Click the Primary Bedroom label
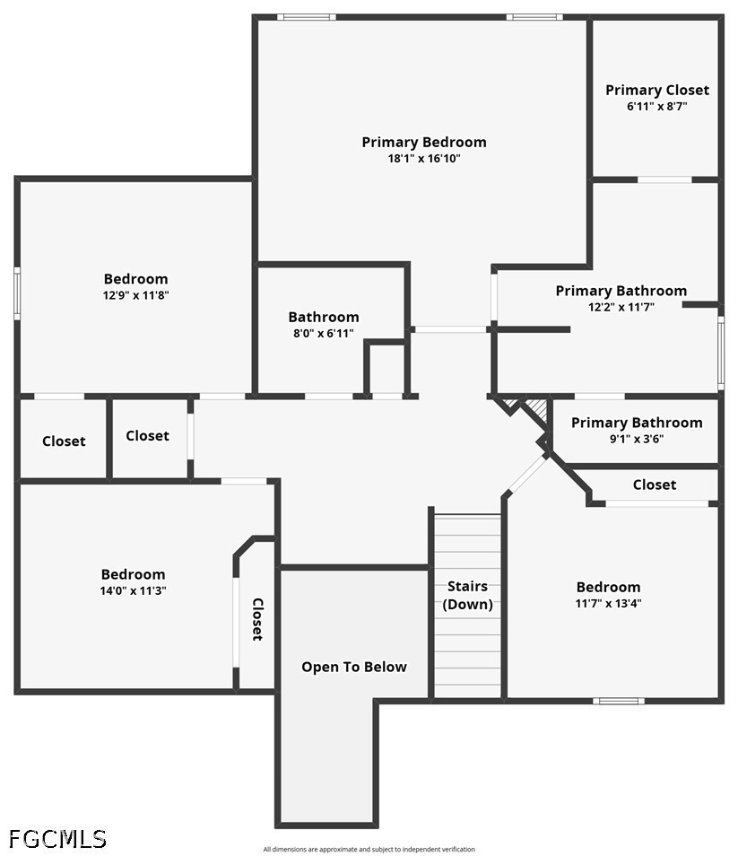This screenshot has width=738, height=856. (424, 142)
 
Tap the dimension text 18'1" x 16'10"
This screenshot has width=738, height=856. (424, 159)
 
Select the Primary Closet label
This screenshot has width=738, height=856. (656, 90)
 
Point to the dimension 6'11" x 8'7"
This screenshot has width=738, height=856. (656, 106)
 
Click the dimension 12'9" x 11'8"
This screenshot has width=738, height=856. (135, 294)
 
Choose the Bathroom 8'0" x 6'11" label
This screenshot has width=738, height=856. (324, 317)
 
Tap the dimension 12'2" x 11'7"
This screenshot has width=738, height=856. (621, 306)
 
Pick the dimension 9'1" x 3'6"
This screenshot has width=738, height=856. (637, 439)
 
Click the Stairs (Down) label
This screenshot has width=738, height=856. (467, 595)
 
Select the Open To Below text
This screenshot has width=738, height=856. (354, 667)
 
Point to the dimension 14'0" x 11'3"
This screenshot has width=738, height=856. (133, 590)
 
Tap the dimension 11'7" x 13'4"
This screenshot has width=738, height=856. (608, 603)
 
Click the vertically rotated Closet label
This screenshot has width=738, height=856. (257, 619)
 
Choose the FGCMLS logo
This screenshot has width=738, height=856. (57, 839)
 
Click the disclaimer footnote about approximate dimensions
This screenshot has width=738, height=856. (369, 849)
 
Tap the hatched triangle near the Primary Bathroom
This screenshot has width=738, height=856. (536, 409)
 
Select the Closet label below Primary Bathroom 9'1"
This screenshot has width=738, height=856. (655, 485)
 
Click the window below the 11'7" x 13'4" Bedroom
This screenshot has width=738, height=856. (619, 700)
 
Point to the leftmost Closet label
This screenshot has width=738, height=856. (64, 441)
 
